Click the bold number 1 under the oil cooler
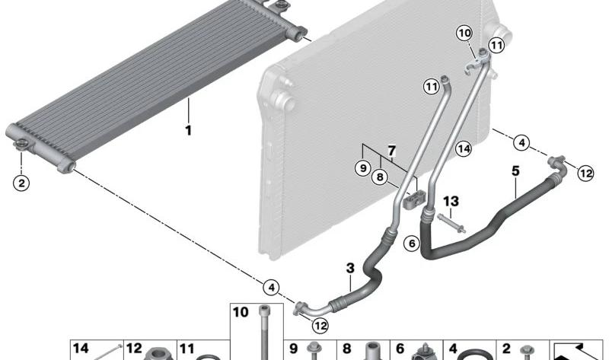pyautogui.click(x=188, y=130)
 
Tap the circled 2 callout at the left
pyautogui.click(x=21, y=183)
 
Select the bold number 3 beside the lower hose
pyautogui.click(x=350, y=268)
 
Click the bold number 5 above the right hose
pyautogui.click(x=515, y=170)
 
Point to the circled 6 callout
pyautogui.click(x=412, y=244)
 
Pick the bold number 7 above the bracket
pyautogui.click(x=391, y=150)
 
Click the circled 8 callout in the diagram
pyautogui.click(x=379, y=177)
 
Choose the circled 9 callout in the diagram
pyautogui.click(x=363, y=168)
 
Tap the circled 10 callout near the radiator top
pyautogui.click(x=464, y=33)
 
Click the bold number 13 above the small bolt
pyautogui.click(x=451, y=201)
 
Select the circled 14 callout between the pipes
pyautogui.click(x=464, y=148)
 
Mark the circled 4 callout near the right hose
pyautogui.click(x=521, y=143)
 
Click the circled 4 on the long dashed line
pyautogui.click(x=271, y=288)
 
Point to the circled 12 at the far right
pyautogui.click(x=585, y=174)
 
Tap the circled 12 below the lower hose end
pyautogui.click(x=320, y=326)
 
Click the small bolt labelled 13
pyautogui.click(x=451, y=224)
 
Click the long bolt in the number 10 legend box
pyautogui.click(x=263, y=332)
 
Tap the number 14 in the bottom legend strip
pyautogui.click(x=81, y=349)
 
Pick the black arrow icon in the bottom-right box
pyautogui.click(x=576, y=352)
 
